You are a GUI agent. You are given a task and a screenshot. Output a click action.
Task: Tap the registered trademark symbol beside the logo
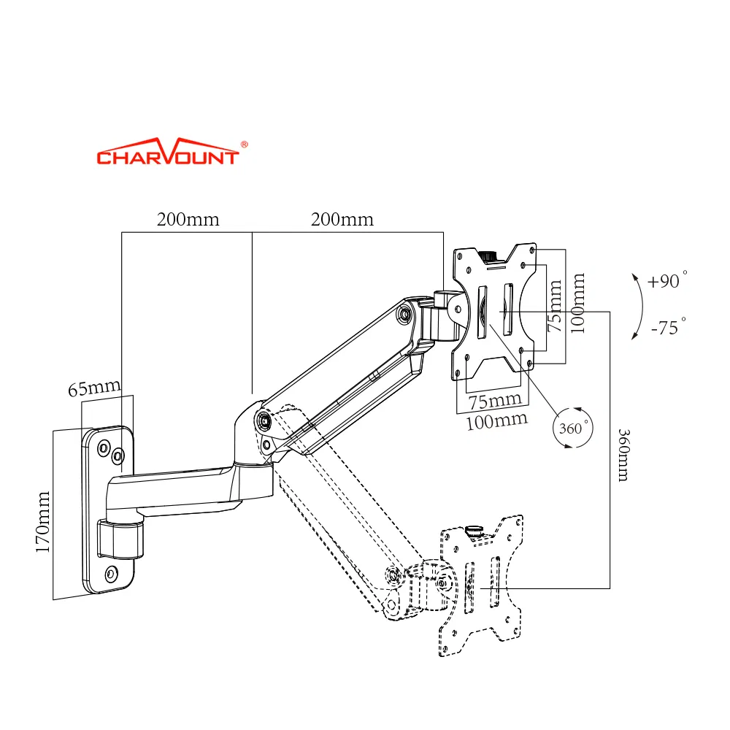tap(245, 145)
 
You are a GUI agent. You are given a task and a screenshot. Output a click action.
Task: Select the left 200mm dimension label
tap(188, 219)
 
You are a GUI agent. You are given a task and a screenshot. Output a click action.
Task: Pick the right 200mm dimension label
tap(342, 219)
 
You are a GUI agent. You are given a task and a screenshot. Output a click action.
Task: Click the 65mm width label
tap(94, 388)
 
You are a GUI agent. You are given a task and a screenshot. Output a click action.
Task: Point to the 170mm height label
tap(43, 522)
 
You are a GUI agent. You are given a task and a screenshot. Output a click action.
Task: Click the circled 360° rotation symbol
tap(573, 428)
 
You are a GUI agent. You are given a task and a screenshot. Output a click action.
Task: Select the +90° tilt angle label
tap(667, 280)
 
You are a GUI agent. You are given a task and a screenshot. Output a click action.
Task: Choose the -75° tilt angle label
tap(669, 327)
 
